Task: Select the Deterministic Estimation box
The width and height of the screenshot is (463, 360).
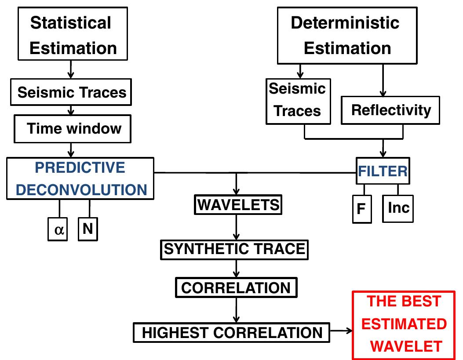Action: coord(346,35)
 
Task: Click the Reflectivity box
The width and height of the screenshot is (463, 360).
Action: coord(391,110)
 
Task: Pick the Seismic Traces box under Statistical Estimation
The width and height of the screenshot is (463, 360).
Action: coord(72,92)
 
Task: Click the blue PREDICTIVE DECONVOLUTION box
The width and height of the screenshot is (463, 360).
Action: coord(80,178)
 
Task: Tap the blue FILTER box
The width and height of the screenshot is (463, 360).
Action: coord(382,171)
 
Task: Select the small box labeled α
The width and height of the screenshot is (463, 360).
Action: coord(57,229)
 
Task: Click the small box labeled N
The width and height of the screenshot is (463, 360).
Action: coord(87,228)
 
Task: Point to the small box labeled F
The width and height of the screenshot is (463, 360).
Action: coord(362,209)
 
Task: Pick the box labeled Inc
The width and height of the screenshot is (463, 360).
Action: coord(398,207)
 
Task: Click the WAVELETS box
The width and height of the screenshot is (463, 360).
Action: coord(237,204)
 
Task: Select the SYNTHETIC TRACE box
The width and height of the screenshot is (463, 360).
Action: coord(234,249)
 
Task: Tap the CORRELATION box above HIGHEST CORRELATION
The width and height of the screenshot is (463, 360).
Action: coord(236,287)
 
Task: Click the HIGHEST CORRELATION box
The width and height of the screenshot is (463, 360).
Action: coord(232,332)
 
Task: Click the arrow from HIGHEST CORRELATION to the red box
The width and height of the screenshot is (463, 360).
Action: coord(341,331)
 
